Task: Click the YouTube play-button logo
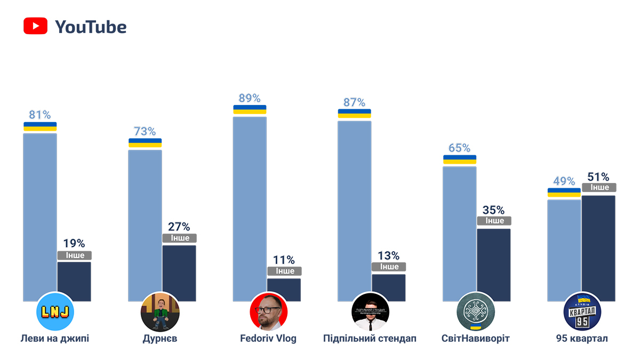tap(36, 27)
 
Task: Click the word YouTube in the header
tap(91, 27)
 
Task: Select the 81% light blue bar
tap(40, 213)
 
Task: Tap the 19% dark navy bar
tap(74, 281)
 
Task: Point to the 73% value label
tap(145, 131)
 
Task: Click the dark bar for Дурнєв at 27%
tap(179, 272)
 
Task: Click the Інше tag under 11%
tap(284, 271)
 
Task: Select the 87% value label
tap(354, 102)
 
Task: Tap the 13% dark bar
tap(389, 287)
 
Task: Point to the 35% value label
tap(493, 210)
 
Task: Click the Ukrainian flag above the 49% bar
tap(564, 193)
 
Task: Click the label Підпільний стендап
tap(370, 339)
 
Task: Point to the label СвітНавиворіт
tap(476, 339)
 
